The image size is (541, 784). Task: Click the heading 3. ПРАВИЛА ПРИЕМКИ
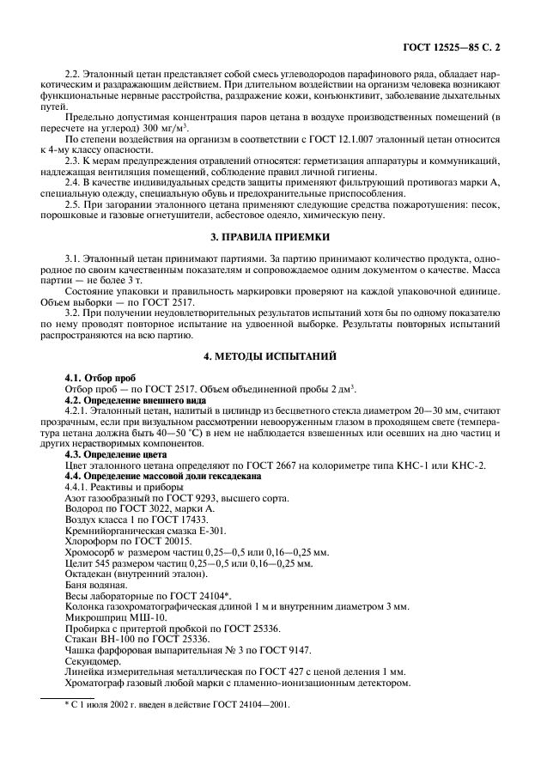click(270, 236)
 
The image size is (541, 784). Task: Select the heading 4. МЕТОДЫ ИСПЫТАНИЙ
click(270, 355)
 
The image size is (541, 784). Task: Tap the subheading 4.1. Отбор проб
click(102, 377)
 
